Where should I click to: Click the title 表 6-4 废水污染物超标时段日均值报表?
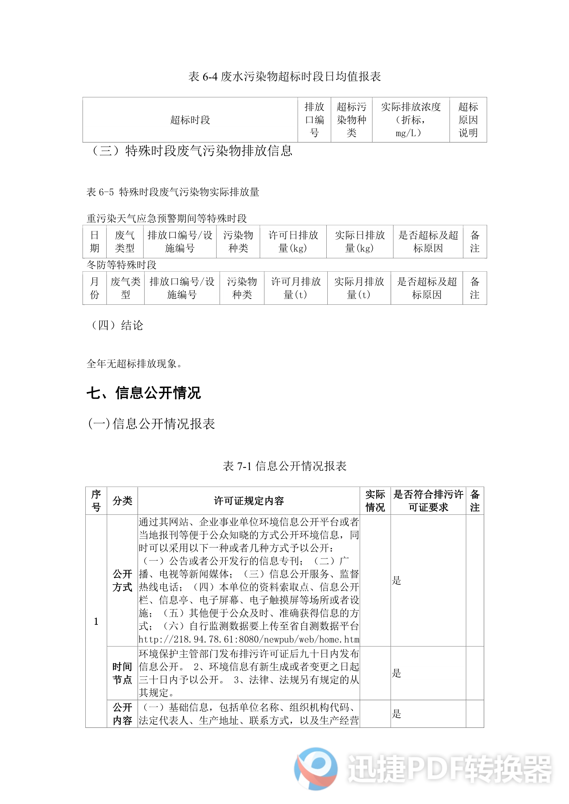(284, 76)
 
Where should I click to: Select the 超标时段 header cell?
(190, 120)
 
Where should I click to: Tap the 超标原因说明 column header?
(468, 120)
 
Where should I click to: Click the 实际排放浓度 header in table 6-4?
(411, 120)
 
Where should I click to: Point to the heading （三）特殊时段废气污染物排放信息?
(191, 151)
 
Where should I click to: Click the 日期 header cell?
(95, 242)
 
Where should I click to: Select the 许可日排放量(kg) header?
(293, 242)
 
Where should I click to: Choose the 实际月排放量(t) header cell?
(359, 288)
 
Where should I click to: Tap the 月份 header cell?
(95, 288)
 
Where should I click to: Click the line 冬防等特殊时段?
(122, 265)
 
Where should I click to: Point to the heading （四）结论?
(117, 325)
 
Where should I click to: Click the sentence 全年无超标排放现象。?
(134, 364)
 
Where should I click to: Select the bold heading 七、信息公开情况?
(144, 393)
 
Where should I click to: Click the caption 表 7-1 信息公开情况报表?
(284, 466)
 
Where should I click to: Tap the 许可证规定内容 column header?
(249, 501)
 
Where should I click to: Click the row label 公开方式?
(122, 580)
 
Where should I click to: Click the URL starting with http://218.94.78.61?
(249, 639)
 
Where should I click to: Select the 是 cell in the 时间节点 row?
(397, 673)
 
